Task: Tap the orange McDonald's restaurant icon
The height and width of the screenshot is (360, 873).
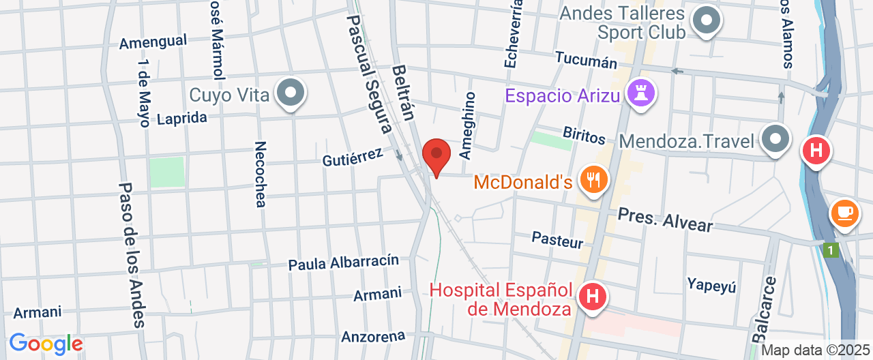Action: coord(592,180)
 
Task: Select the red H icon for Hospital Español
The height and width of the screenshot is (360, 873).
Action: coord(592,297)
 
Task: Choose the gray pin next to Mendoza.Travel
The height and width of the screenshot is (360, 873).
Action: coord(775,140)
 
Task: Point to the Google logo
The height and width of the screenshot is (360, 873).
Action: coord(46,344)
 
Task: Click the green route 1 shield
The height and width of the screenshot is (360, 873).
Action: coord(829,250)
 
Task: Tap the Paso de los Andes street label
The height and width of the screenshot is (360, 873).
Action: coord(132,255)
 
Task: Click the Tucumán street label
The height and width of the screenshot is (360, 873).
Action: coord(586,59)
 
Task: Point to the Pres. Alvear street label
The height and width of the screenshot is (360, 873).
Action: coord(665,220)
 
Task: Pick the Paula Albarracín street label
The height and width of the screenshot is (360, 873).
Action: coord(343,262)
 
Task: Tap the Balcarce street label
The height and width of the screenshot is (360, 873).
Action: coord(765,309)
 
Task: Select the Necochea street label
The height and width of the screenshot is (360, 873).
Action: coord(260,174)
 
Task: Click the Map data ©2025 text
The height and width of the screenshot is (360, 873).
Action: coord(815,350)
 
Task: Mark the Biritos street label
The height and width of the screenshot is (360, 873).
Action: coord(584,135)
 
